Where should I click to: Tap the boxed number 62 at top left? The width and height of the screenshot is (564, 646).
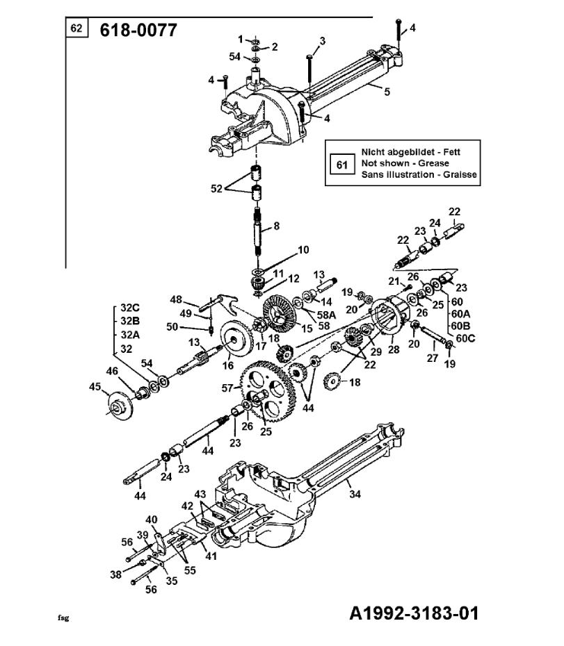click(76, 29)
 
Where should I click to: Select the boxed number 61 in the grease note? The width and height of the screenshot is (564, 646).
click(341, 165)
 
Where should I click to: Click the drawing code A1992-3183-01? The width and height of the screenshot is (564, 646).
click(414, 613)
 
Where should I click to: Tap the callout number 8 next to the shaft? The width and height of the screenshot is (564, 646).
click(277, 226)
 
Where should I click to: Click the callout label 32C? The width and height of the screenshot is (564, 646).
click(130, 308)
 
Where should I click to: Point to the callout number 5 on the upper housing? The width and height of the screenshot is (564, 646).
click(387, 91)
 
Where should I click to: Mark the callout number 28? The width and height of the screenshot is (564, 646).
click(394, 349)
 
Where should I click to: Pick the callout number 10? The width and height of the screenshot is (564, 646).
click(303, 250)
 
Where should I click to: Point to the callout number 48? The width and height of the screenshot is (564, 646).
click(175, 299)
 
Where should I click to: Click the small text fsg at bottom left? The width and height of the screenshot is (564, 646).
click(63, 616)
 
